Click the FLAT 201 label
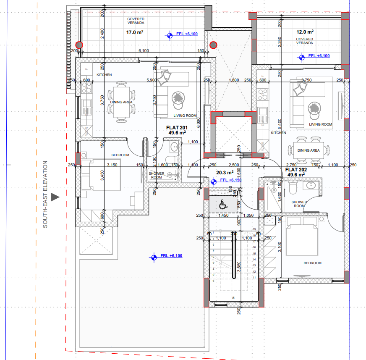point(177,128)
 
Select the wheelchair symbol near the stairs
point(222,205)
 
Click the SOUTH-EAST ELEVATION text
point(45,194)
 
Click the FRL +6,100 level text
point(171,256)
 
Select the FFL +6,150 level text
point(231,180)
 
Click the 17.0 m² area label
point(135,32)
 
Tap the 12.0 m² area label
point(305,32)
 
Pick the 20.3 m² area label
point(225,172)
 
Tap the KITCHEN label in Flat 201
point(104,75)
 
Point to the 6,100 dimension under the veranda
point(144,51)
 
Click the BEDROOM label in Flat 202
point(312,263)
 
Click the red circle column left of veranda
point(78,45)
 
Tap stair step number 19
point(254,229)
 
